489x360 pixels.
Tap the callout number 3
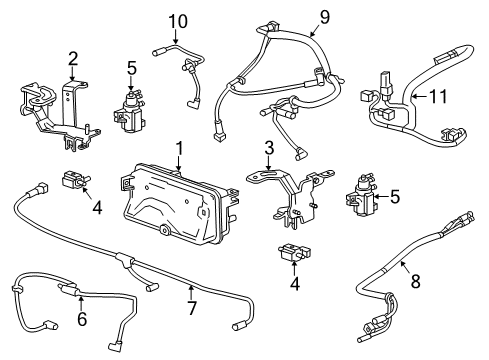tap(267, 149)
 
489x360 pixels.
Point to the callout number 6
tap(81, 320)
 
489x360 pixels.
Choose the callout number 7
tap(194, 291)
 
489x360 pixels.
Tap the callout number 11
tap(436, 96)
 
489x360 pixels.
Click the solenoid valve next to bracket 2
tap(127, 109)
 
